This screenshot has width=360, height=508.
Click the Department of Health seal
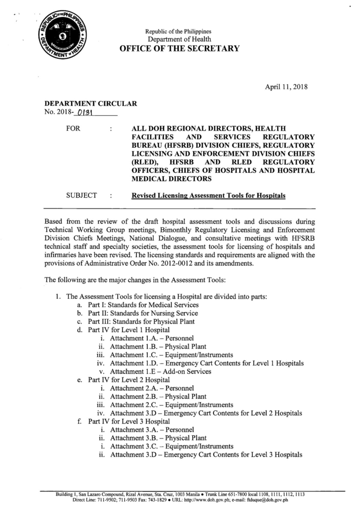coord(62,37)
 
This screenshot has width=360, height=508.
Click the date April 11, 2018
coord(286,87)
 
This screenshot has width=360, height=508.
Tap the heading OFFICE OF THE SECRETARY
coord(179,49)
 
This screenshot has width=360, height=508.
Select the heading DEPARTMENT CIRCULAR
coord(91,104)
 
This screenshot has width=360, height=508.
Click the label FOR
coord(73,129)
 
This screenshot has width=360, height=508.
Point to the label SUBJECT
coord(81,195)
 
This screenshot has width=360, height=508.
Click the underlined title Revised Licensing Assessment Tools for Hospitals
coord(208,196)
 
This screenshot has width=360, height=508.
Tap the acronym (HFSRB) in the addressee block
coord(177,145)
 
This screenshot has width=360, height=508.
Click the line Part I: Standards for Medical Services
coord(143,305)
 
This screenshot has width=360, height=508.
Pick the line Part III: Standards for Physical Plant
coord(141,322)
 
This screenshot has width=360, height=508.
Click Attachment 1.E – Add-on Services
coord(160,372)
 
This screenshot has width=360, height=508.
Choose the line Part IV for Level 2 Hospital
coord(129,380)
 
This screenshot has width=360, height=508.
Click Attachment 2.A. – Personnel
coord(151,388)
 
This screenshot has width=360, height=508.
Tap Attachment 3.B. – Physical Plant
coord(158,438)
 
